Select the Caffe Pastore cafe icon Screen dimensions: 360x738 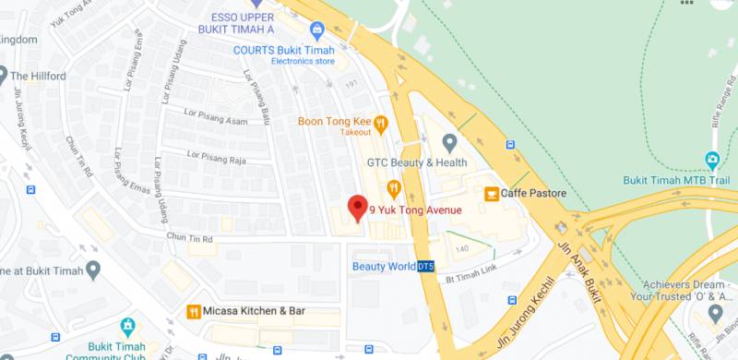point(492,193)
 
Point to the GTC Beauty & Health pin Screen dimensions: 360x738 point(449,143)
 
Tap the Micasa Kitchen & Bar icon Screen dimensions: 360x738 point(194,311)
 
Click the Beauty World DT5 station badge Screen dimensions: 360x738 point(425,267)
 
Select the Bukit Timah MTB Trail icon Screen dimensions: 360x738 point(712,160)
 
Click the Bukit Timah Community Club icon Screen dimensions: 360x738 point(127,327)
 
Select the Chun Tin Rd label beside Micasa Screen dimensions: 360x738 point(188,239)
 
